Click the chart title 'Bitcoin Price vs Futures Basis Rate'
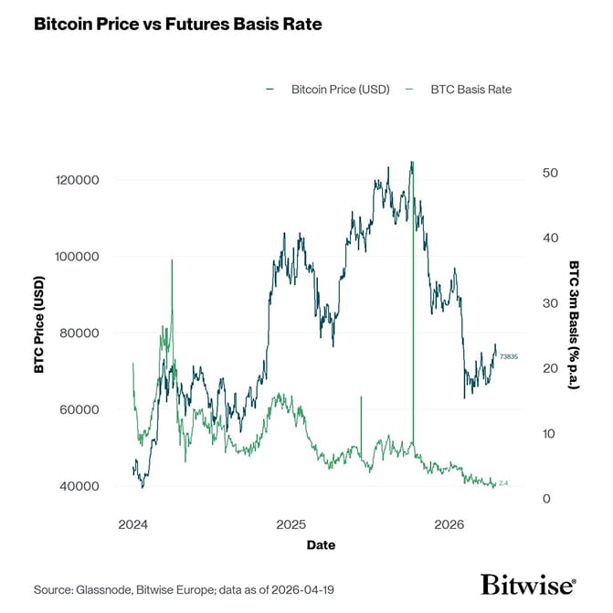point(177,25)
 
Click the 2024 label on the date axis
point(133,525)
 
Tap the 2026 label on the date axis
point(449,525)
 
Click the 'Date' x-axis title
point(321,545)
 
